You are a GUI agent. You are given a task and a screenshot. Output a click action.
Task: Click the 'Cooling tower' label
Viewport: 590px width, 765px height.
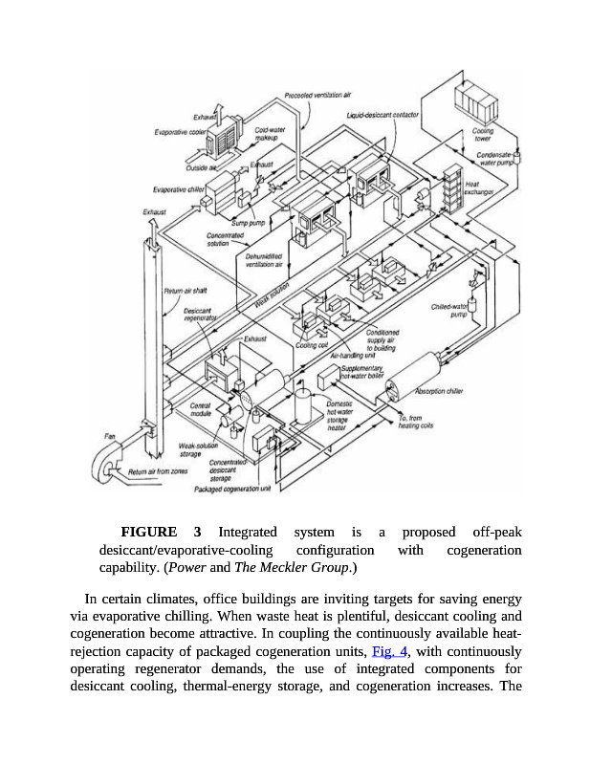tap(483, 135)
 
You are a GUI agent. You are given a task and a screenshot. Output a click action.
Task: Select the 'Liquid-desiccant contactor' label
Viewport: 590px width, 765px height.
tap(382, 115)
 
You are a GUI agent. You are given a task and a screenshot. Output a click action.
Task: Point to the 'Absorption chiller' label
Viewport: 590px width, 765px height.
tap(440, 390)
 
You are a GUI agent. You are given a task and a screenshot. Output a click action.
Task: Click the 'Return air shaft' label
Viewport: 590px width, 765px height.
tap(186, 290)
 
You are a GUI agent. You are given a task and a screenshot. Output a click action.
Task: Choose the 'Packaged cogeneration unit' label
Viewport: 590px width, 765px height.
tap(233, 488)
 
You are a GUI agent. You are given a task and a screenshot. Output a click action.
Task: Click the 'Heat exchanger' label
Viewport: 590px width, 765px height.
tap(478, 188)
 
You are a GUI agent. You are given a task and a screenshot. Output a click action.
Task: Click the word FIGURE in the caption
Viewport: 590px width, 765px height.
tap(148, 532)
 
